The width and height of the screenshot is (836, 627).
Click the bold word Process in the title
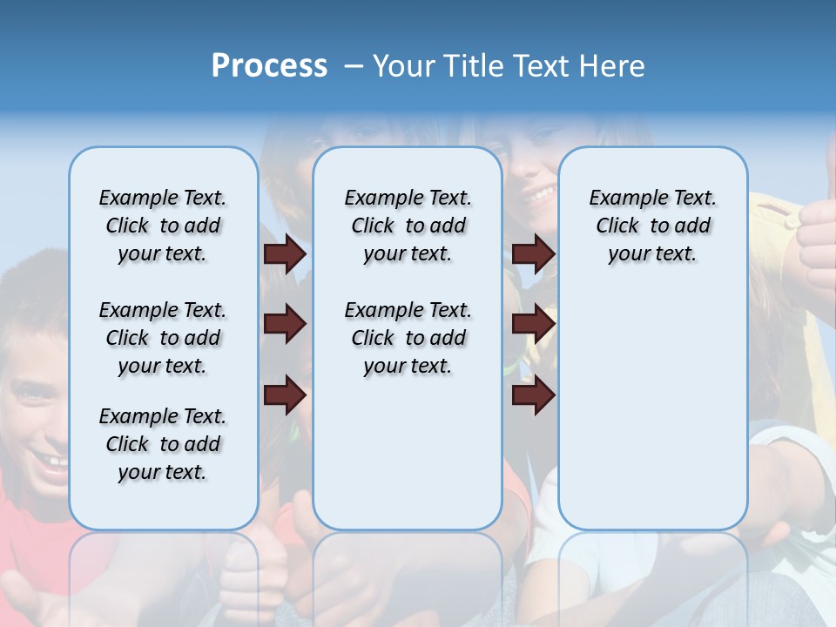coord(269,66)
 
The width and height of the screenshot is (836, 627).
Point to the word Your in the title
coord(403,66)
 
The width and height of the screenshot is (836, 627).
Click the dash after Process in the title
coord(353,67)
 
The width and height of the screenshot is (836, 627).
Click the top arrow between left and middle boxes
coord(285,253)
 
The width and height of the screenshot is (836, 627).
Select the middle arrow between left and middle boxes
coord(285,324)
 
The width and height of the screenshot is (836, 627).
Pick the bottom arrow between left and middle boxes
coord(285,395)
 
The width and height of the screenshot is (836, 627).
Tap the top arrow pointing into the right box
coord(533,253)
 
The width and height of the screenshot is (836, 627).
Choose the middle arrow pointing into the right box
coord(533,324)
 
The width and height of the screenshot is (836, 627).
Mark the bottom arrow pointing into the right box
coord(533,395)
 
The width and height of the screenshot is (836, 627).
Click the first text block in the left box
coord(163,226)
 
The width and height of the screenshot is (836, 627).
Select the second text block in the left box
coord(163,338)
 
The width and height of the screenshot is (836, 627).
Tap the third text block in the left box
coord(163,444)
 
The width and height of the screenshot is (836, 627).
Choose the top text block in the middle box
coord(408,226)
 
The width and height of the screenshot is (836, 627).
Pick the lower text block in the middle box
coord(408,338)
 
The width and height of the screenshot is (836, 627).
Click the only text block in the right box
coord(652,226)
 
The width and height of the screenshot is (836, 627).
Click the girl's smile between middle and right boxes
coord(540,191)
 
